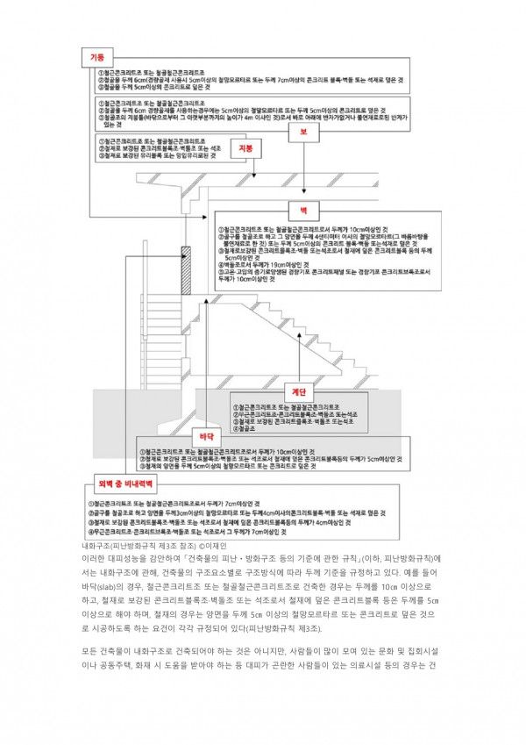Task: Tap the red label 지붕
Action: (245, 150)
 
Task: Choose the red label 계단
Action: (298, 391)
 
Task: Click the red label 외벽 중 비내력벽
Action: (124, 484)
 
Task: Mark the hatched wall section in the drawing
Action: (186, 272)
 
